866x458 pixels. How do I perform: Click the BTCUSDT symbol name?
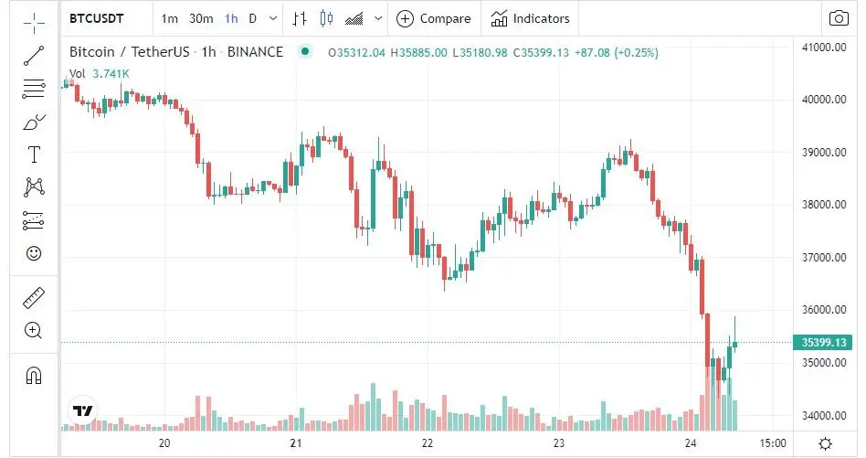(x=96, y=18)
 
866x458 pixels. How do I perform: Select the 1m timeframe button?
(x=169, y=18)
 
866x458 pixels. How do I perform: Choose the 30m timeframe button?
(x=201, y=18)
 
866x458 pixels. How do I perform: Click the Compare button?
(x=434, y=18)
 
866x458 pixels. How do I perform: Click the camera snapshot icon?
(x=838, y=18)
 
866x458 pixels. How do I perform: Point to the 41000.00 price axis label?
(x=820, y=47)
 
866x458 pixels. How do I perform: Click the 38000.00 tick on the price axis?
(x=820, y=205)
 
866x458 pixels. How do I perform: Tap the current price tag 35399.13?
(x=825, y=343)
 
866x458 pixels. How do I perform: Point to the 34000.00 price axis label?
(x=820, y=416)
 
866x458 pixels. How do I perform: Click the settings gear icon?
(x=825, y=443)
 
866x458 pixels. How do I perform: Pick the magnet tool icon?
(x=34, y=375)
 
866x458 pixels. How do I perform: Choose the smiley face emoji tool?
(x=34, y=253)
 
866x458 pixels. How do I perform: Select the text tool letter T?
(x=34, y=154)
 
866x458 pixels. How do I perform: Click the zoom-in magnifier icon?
(x=34, y=330)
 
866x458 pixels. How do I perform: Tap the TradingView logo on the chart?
(x=83, y=411)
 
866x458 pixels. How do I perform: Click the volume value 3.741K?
(x=111, y=73)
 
